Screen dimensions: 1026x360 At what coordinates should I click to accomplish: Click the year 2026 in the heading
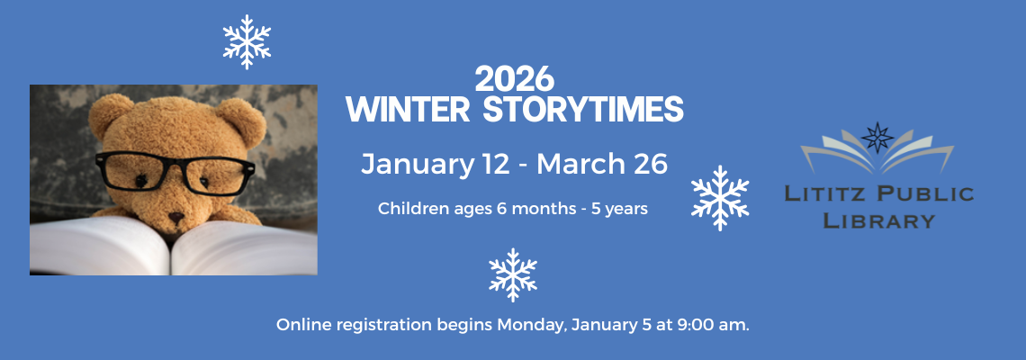pyautogui.click(x=514, y=80)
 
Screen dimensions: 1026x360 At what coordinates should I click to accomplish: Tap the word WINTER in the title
pyautogui.click(x=409, y=109)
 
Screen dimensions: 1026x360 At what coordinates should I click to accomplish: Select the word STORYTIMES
pyautogui.click(x=583, y=109)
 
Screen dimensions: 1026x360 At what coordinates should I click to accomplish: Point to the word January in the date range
pyautogui.click(x=417, y=165)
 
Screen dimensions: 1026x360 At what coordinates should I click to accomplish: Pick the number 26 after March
pyautogui.click(x=649, y=164)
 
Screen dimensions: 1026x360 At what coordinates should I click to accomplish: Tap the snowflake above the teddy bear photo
pyautogui.click(x=247, y=42)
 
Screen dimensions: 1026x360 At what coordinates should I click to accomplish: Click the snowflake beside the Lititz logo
pyautogui.click(x=720, y=198)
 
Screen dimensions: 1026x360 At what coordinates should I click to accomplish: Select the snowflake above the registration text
pyautogui.click(x=513, y=274)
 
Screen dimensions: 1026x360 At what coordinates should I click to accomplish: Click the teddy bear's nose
pyautogui.click(x=176, y=216)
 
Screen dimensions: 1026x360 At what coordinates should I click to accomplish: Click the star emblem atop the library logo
pyautogui.click(x=877, y=138)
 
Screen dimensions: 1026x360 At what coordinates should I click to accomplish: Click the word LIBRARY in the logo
pyautogui.click(x=878, y=220)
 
